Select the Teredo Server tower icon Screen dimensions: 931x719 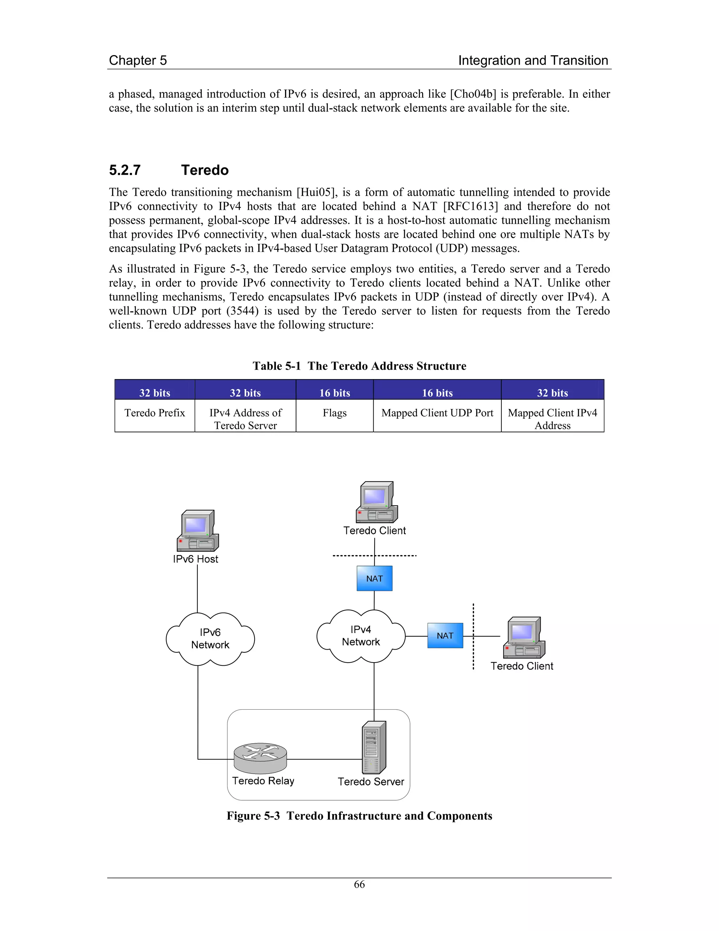coord(374,747)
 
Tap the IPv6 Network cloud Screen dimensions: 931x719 coord(210,639)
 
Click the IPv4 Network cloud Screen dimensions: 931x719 coord(361,636)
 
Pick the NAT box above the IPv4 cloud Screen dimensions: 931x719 coord(374,579)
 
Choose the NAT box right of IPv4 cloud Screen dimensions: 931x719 coord(445,636)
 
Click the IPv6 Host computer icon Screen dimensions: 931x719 coord(198,531)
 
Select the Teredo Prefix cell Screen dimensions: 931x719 coord(154,414)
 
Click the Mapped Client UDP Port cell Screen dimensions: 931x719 coord(437,413)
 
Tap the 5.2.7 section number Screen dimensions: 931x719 coord(125,170)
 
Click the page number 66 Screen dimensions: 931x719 coord(359,884)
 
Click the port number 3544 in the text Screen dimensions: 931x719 coord(242,311)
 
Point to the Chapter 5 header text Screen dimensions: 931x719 coord(138,60)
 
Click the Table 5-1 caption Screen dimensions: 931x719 coord(359,366)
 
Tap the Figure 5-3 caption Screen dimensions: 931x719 coord(359,815)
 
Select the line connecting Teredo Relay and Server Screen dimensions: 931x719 coord(324,759)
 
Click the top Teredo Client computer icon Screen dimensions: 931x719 coord(377,502)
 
